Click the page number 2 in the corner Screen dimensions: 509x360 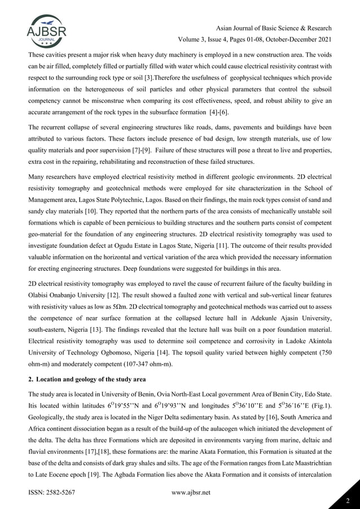349,499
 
